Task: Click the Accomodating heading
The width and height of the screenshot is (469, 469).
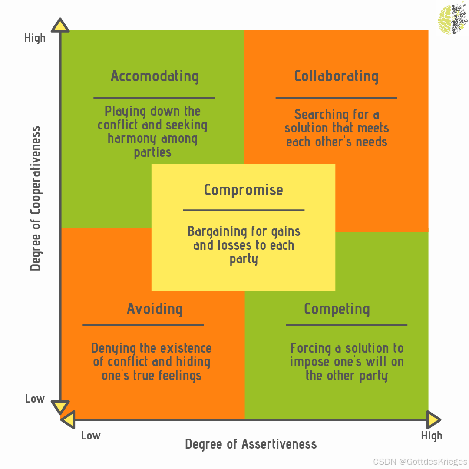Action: [155, 76]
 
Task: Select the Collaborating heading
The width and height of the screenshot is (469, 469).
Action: [336, 76]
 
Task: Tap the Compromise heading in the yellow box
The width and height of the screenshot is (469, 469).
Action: [243, 190]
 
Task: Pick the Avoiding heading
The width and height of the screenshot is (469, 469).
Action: [155, 309]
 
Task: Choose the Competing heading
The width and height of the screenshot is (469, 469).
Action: [337, 309]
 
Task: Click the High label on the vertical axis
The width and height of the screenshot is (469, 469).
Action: [35, 38]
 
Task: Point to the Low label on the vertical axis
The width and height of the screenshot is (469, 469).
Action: [35, 399]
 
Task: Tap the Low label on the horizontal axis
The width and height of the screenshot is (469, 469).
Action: [91, 436]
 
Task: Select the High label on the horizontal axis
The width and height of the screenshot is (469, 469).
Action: [432, 436]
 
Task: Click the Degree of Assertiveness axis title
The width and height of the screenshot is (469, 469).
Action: [251, 444]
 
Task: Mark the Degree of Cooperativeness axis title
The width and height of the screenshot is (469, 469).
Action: [36, 198]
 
